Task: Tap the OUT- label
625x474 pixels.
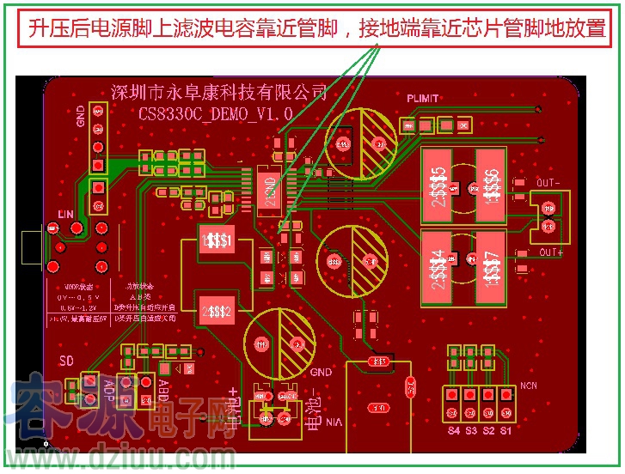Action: click(548, 183)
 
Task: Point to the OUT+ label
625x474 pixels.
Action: click(550, 252)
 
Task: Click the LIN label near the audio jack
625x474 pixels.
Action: click(66, 213)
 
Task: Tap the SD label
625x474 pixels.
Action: click(66, 358)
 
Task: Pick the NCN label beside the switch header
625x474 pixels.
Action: click(528, 386)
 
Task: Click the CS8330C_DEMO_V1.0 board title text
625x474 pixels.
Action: click(216, 112)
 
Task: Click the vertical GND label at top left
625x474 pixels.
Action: click(81, 114)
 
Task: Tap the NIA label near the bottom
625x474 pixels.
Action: click(334, 422)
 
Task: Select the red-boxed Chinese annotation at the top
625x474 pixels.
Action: click(316, 28)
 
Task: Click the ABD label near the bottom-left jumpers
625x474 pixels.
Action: click(163, 390)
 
